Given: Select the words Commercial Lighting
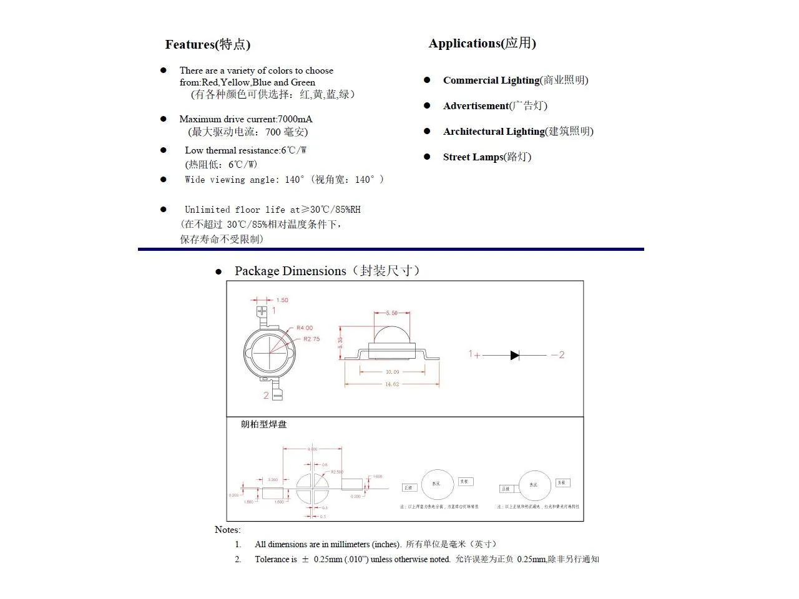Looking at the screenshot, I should [x=491, y=80].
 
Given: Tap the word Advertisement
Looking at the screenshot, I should [x=476, y=105].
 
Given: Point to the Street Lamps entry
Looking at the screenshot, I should [x=473, y=157].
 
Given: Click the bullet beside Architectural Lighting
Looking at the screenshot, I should [x=427, y=131].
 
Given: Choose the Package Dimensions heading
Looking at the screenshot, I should [x=290, y=271].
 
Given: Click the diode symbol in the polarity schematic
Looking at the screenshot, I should [x=515, y=355].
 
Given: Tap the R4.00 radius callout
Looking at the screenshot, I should [x=305, y=328].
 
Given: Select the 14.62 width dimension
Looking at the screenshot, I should [x=392, y=384].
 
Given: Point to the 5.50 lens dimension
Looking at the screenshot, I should [x=391, y=313].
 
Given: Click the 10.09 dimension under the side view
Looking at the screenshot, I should [x=392, y=372].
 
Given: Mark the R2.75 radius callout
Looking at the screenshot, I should [x=311, y=339].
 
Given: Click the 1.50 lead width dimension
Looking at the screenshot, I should [x=282, y=300].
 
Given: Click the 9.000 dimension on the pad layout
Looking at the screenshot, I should [x=312, y=449].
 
